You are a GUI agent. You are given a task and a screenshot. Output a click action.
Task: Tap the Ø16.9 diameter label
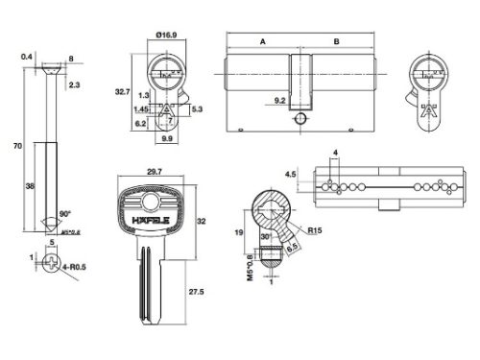click(166, 35)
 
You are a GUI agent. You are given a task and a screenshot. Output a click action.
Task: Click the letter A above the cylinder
click(261, 42)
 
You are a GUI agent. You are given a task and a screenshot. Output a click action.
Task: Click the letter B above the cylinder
click(335, 42)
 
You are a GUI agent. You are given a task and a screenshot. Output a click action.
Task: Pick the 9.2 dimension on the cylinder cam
click(280, 98)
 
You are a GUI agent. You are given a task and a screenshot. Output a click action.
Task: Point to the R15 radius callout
click(315, 229)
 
